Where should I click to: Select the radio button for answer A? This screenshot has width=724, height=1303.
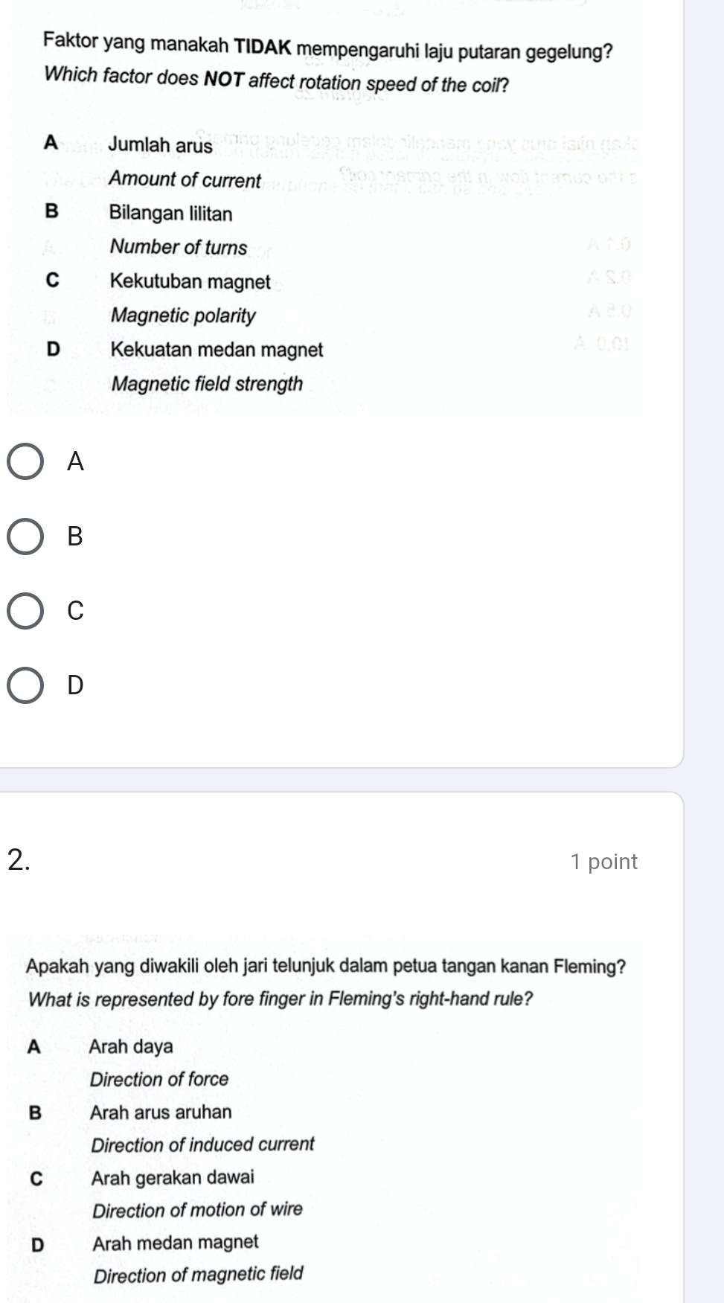(25, 462)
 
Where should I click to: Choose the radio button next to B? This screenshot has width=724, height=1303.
(25, 537)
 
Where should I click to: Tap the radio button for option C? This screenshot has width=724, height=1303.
(25, 611)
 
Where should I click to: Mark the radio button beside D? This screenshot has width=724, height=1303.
(25, 685)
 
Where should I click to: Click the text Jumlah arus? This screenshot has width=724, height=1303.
(160, 144)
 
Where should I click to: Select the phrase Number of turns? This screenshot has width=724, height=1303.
(178, 247)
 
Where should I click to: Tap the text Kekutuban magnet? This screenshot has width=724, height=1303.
(190, 281)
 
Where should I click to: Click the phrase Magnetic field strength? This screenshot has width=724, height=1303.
(207, 384)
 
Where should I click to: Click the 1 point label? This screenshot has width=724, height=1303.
(603, 862)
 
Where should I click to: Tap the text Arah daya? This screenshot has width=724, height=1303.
(131, 1046)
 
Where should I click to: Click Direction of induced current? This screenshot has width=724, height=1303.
(202, 1144)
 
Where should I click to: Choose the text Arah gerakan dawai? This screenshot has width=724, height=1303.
(173, 1177)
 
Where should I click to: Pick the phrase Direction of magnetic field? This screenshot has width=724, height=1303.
(198, 1275)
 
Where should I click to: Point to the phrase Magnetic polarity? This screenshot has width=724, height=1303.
(183, 316)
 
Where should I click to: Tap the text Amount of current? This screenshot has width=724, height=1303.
(185, 179)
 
